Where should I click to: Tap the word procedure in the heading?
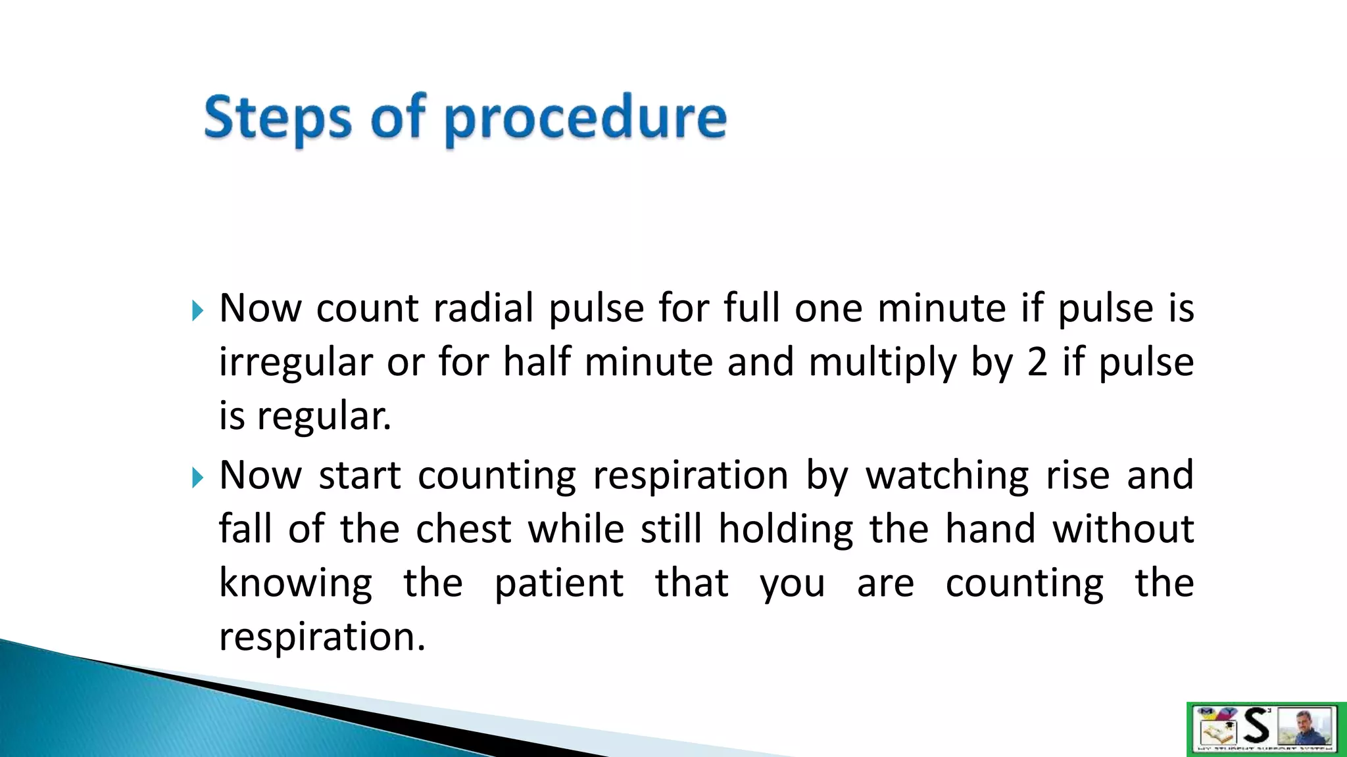585,120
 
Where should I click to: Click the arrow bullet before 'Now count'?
197,310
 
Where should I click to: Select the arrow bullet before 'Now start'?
197,477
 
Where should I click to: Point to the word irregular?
295,363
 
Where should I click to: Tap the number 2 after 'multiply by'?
1037,362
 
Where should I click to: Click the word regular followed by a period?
324,417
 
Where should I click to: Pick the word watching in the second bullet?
947,476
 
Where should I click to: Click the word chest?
464,529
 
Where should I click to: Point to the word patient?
559,583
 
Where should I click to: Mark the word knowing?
295,584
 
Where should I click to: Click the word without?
1123,529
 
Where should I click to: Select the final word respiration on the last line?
322,637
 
